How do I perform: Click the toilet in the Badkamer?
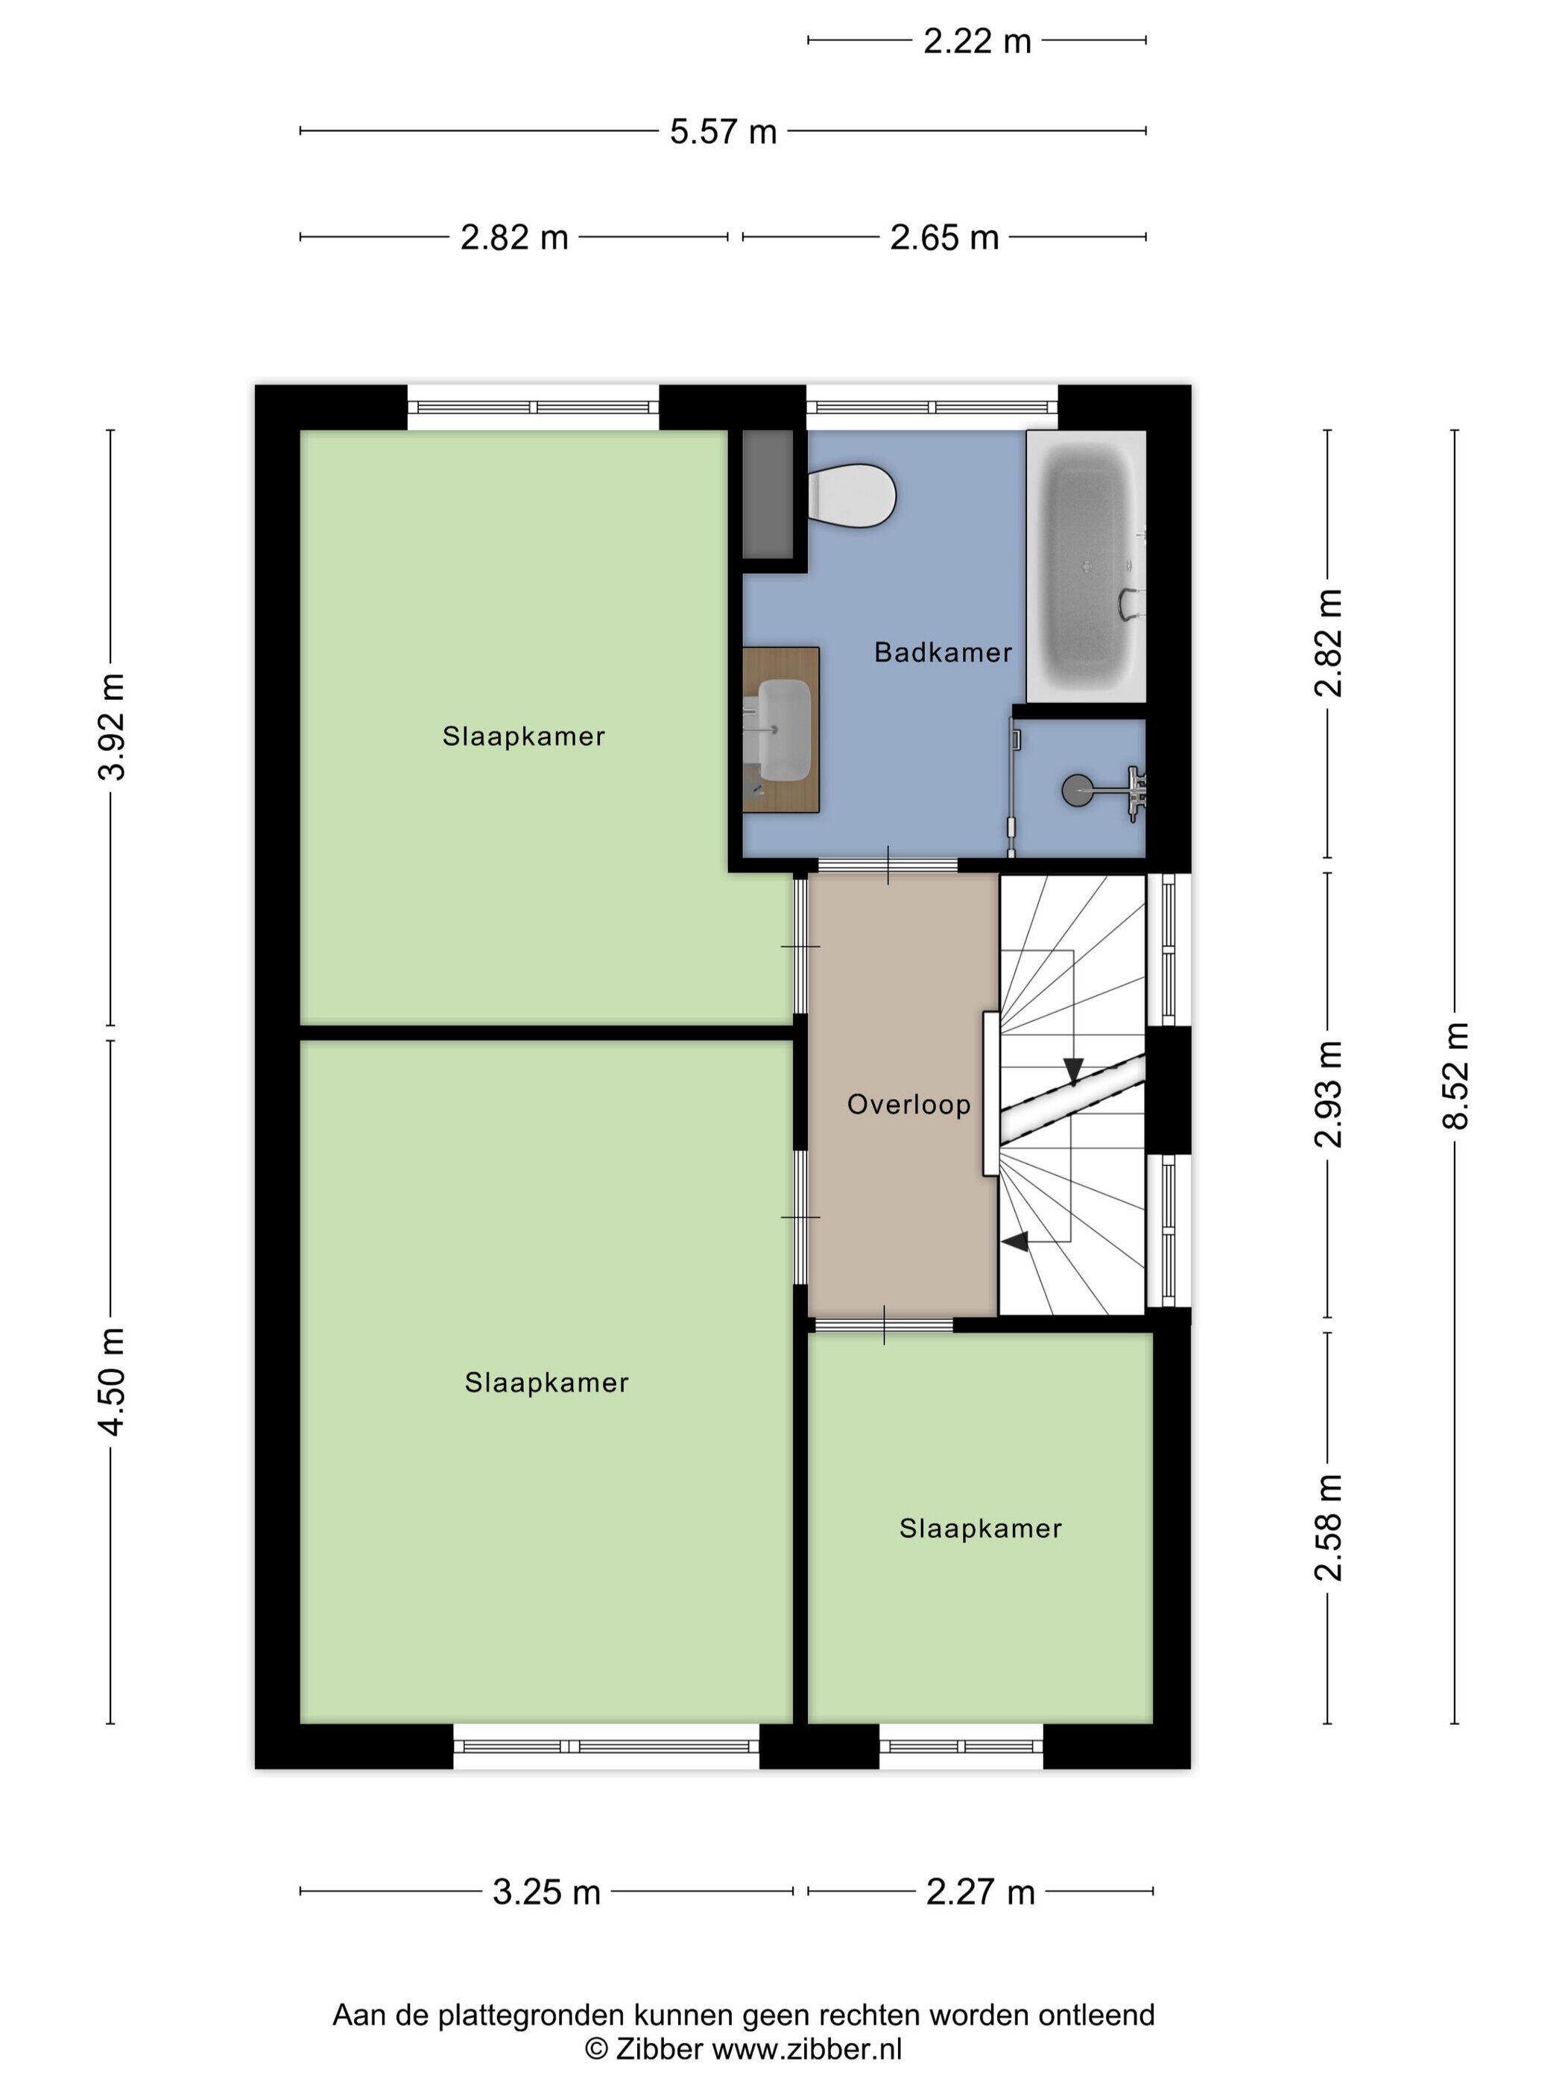tap(851, 494)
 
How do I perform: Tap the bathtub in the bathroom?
tap(1086, 566)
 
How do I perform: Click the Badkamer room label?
tap(943, 652)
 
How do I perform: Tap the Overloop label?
tap(908, 1105)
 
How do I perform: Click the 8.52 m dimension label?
tap(1455, 1076)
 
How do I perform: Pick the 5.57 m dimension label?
tap(723, 131)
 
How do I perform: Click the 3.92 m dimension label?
tap(111, 727)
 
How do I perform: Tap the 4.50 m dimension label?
tap(111, 1382)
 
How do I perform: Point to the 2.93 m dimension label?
tap(1328, 1094)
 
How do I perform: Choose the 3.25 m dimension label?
tap(546, 1892)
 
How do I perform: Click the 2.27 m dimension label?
tap(980, 1892)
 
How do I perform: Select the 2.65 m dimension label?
tap(944, 237)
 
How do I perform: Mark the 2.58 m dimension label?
tap(1328, 1527)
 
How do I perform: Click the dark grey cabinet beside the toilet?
tap(767, 494)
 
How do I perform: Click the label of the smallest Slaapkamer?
tap(980, 1529)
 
